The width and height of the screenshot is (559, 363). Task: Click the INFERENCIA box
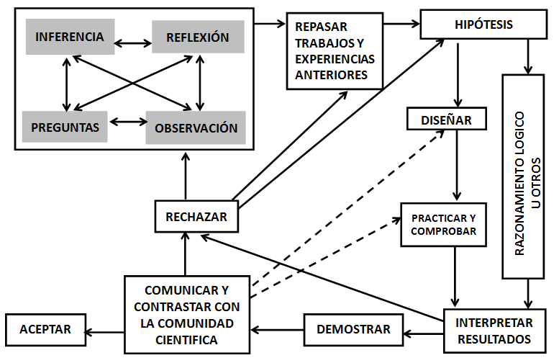(70, 37)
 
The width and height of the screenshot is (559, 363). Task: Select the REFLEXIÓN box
(198, 37)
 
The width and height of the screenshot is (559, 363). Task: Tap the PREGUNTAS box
(65, 127)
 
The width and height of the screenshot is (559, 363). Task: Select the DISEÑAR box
(446, 120)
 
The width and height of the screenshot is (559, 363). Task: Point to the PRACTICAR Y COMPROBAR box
(443, 224)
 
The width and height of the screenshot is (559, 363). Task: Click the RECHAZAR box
(196, 216)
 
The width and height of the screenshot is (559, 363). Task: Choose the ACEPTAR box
(45, 329)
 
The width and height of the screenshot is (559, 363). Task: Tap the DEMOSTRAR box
(354, 329)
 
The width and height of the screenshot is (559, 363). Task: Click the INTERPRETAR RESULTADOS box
(494, 330)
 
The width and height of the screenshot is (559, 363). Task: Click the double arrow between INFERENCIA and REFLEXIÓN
(132, 42)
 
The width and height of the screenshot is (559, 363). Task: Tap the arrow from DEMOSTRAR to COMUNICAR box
(278, 331)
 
